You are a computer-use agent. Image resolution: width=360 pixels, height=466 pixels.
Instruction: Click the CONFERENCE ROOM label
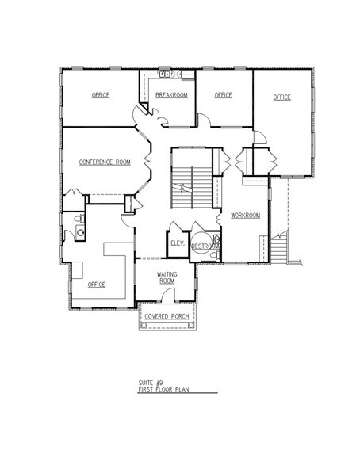coord(105,162)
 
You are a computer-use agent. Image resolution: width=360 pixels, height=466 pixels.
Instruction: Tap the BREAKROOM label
coord(171,95)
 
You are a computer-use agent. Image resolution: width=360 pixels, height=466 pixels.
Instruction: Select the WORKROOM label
coord(246,216)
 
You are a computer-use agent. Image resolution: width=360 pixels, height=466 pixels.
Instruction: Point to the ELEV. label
coord(178,243)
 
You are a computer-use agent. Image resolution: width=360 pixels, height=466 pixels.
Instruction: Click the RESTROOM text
coord(205,246)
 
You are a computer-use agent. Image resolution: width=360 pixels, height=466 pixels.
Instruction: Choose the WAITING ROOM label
coord(167,277)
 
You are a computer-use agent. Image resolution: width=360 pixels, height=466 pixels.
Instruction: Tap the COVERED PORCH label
coord(167,316)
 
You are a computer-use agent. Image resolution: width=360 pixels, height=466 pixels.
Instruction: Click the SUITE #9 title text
coord(151,383)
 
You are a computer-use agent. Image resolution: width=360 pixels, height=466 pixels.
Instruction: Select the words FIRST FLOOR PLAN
coord(163,389)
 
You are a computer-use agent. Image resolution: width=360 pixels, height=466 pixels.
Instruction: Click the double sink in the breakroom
coord(165,74)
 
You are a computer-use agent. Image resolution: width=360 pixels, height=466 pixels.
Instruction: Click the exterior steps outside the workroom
coord(279,247)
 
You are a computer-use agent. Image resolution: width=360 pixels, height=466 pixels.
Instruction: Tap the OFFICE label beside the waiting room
coord(96,285)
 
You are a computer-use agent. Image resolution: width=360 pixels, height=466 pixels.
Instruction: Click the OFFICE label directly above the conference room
coord(101,95)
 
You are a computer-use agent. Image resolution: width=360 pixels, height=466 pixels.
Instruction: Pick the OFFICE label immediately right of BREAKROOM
coord(224,95)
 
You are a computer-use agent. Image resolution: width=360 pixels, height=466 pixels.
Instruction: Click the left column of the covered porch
coord(144,326)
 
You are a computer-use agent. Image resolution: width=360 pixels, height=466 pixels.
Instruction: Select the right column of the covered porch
coord(191,326)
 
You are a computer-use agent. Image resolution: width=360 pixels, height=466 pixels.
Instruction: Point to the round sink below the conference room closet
coord(80,232)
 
